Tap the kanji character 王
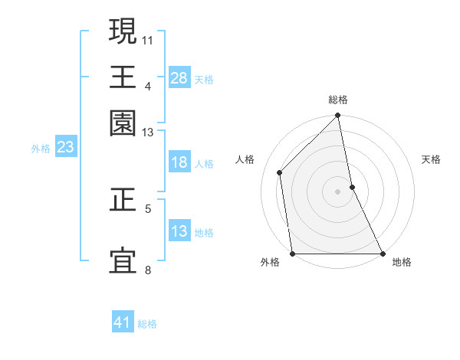[123, 77]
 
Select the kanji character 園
[123, 123]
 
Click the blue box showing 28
[179, 77]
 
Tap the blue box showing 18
[179, 162]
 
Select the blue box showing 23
[65, 147]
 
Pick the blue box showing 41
[123, 322]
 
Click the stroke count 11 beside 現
[148, 38]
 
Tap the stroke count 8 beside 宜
[147, 270]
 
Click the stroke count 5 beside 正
[147, 208]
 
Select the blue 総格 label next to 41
[147, 324]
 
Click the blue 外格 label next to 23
[40, 149]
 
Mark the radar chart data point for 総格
[337, 116]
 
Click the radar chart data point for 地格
[383, 254]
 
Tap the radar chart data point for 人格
[280, 172]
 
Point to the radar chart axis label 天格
[431, 159]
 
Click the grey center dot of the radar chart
[337, 191]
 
